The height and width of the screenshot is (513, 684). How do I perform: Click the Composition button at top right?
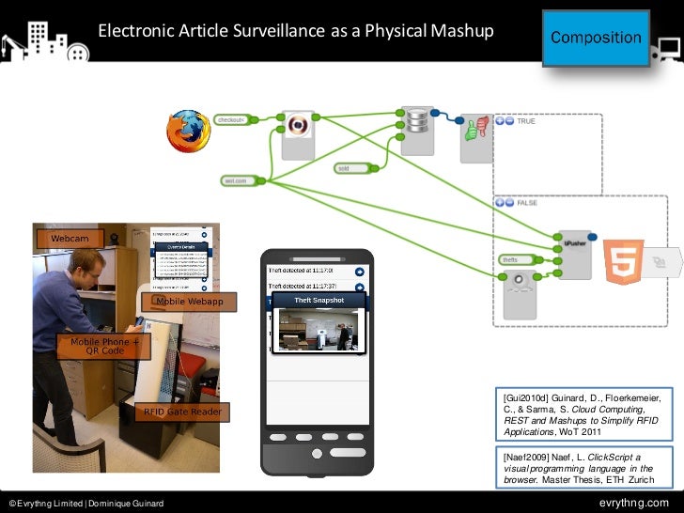point(596,38)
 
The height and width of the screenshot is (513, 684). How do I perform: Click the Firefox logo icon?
point(189,132)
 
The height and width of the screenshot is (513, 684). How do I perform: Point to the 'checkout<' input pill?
point(231,120)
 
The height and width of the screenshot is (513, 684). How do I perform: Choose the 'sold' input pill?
point(347,169)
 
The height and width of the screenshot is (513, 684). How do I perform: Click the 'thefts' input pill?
point(511,259)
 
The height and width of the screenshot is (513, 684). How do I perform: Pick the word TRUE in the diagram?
point(526,121)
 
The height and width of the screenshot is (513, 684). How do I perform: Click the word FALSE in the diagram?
point(527,202)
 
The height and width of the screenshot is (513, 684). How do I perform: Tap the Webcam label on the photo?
point(70,240)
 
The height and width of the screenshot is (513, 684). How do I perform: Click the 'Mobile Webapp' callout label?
point(189,302)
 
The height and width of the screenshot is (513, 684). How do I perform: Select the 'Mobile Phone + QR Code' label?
point(104,348)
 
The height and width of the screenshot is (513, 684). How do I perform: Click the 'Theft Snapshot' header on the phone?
point(319,301)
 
